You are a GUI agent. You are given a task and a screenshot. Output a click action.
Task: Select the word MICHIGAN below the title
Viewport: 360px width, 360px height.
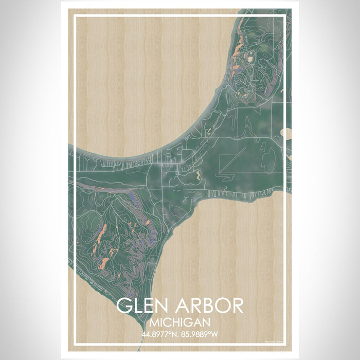179,322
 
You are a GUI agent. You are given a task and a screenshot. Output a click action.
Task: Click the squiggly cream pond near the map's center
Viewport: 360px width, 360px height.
198,176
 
